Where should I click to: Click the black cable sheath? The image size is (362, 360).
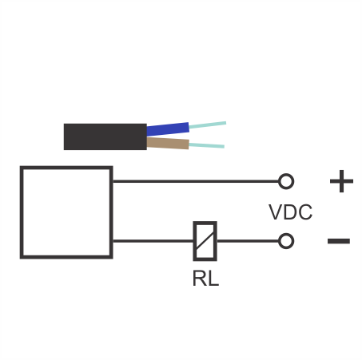tap(105, 136)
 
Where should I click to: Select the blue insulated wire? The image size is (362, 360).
tap(168, 129)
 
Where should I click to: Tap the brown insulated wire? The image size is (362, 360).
tap(168, 144)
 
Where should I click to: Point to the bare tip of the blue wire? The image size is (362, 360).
tap(208, 125)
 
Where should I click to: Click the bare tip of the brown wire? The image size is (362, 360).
tap(207, 145)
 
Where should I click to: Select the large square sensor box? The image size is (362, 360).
tap(66, 212)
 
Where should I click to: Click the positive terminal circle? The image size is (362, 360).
tap(286, 181)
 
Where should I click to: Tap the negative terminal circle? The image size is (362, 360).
tap(286, 241)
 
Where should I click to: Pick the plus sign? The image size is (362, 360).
tap(341, 181)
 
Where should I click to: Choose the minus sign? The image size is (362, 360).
tap(339, 241)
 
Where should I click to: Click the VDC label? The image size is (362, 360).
tap(290, 212)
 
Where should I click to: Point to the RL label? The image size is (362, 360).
tap(205, 279)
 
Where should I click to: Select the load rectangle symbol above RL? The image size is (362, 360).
tap(205, 241)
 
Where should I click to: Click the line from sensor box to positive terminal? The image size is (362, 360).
tap(196, 181)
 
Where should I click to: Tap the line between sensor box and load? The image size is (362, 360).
tap(153, 241)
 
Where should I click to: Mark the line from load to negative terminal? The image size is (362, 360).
tap(248, 241)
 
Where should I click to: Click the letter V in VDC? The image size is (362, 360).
tap(276, 212)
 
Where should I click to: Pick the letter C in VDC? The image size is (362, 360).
tap(305, 212)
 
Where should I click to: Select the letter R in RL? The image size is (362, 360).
tap(199, 279)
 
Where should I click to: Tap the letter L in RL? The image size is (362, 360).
tap(213, 279)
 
